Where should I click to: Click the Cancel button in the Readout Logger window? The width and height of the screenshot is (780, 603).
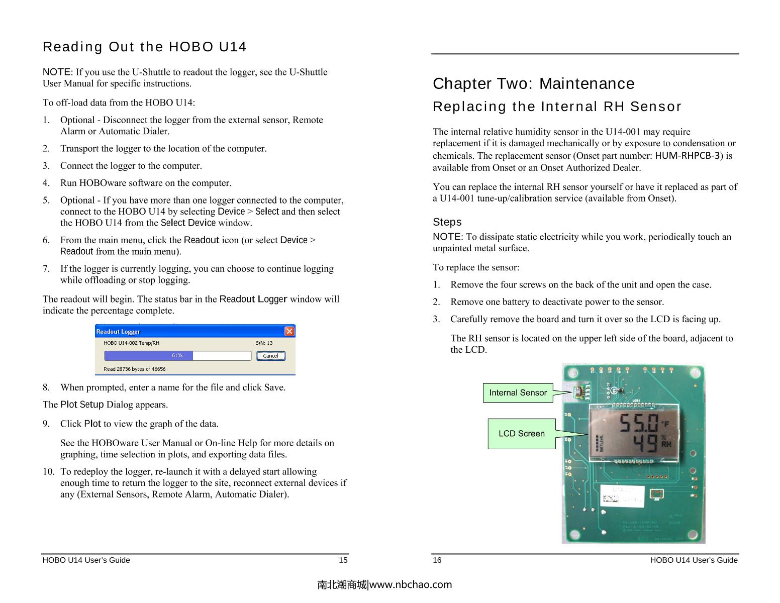tap(270, 356)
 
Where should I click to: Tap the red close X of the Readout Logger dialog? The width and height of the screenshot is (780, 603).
tap(289, 331)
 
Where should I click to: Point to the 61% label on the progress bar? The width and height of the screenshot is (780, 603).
tap(177, 355)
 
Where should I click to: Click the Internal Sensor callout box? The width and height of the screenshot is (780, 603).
tap(518, 392)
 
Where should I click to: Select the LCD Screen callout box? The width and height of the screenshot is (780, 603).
tap(521, 433)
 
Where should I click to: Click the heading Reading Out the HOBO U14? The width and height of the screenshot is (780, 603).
tap(145, 47)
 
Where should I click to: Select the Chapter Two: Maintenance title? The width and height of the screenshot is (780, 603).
tap(533, 83)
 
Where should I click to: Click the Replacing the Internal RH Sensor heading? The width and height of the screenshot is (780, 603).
tap(557, 107)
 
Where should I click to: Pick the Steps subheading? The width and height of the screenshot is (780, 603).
tap(447, 222)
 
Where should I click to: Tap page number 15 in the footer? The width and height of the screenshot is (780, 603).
tap(343, 560)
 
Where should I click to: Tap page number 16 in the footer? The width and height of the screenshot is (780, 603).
tap(437, 560)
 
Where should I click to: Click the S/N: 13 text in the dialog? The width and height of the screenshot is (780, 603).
tap(264, 343)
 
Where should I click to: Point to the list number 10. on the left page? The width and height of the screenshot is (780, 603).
tap(49, 471)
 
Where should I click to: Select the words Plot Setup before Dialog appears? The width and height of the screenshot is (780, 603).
tap(82, 405)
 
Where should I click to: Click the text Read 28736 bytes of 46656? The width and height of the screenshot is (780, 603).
tap(134, 369)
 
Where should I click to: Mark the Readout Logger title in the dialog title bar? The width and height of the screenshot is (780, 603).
tap(118, 332)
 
